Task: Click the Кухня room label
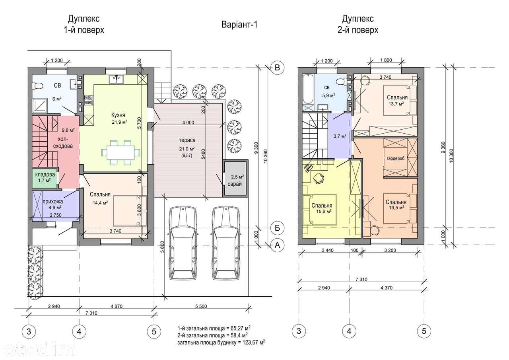click(x=118, y=115)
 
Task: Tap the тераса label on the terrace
click(x=187, y=140)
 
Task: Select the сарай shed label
click(x=235, y=184)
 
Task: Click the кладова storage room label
click(x=45, y=174)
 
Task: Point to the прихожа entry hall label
click(x=53, y=201)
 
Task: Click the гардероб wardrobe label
click(x=396, y=159)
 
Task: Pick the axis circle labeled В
click(x=277, y=68)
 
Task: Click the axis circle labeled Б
click(x=277, y=228)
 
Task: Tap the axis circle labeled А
click(x=277, y=245)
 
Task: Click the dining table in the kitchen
click(x=120, y=152)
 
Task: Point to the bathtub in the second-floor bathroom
click(x=308, y=90)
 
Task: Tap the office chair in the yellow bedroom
click(x=319, y=177)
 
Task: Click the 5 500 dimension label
click(x=201, y=306)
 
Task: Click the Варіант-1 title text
click(x=239, y=25)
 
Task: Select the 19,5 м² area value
click(x=396, y=208)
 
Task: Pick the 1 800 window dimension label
click(x=386, y=60)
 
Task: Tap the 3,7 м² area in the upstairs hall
click(x=340, y=136)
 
